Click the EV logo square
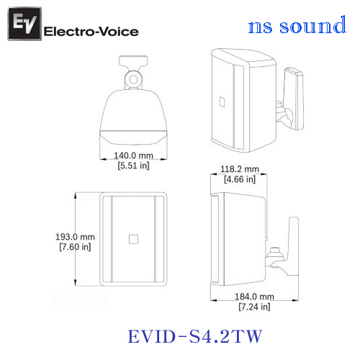(24, 24)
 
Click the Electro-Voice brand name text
(91, 32)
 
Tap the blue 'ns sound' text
(297, 24)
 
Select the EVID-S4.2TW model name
(195, 336)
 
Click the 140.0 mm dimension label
(133, 156)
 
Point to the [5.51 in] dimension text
(133, 166)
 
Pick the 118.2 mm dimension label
(240, 169)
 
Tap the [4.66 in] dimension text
(240, 179)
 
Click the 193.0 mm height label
(75, 237)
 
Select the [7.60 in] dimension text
(75, 247)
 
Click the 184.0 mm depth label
(254, 297)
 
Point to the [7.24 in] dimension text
(254, 307)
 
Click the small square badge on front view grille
(133, 239)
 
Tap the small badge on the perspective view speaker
(222, 102)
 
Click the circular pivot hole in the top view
(133, 79)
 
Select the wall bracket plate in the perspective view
(294, 99)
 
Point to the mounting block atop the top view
(133, 60)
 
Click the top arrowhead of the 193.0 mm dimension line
(76, 195)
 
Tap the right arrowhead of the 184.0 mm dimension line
(295, 300)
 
